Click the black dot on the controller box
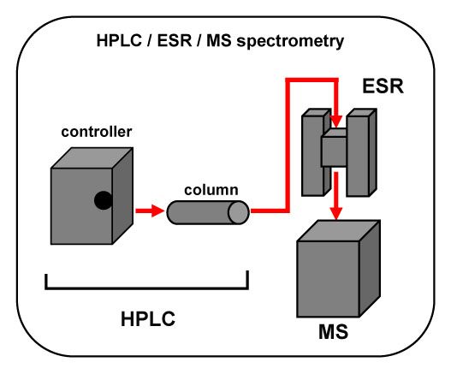(x=103, y=200)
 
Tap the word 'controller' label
(x=97, y=132)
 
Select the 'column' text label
(x=211, y=190)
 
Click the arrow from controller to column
(x=150, y=211)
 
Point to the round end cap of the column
(x=239, y=212)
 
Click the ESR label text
(x=383, y=86)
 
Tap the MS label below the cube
(x=333, y=332)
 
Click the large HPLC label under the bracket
(x=148, y=318)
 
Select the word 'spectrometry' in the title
(x=290, y=41)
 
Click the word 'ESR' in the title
(x=175, y=40)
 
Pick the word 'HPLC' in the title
(x=119, y=40)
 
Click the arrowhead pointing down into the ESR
(x=335, y=122)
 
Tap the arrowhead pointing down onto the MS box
(x=335, y=213)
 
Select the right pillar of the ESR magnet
(x=361, y=152)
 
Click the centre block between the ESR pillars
(x=334, y=148)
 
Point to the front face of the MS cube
(x=328, y=279)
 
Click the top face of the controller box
(x=92, y=158)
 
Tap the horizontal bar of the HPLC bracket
(x=146, y=288)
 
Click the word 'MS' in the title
(x=218, y=40)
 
